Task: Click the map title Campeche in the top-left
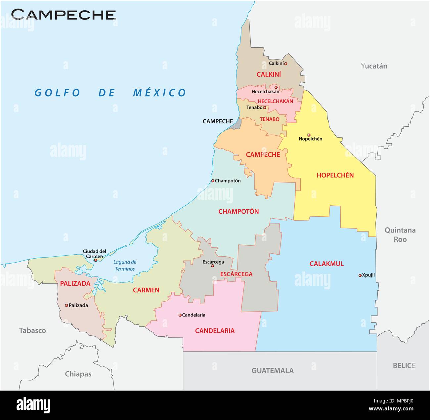point(64,14)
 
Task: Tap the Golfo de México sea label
point(110,93)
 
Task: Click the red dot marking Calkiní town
point(286,64)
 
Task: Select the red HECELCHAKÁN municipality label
point(275,101)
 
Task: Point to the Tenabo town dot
point(264,107)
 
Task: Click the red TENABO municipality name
point(269,119)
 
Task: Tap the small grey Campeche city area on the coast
point(236,124)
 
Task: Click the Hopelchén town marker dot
point(309,135)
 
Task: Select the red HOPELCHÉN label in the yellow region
point(335,175)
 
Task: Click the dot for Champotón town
point(213,181)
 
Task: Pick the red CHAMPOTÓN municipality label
point(238,211)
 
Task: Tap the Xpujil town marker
point(360,275)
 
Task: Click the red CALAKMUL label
point(326,264)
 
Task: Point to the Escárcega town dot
point(212,266)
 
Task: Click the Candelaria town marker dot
point(180,315)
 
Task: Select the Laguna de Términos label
point(125,265)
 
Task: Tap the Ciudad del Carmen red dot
point(96,260)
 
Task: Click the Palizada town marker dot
point(66,305)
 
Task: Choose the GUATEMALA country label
point(273,370)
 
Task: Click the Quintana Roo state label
point(400,234)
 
